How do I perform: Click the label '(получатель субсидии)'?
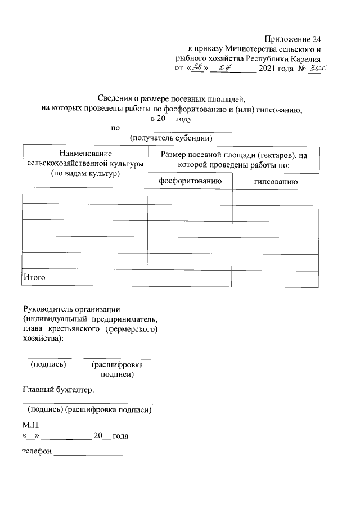[x=171, y=137]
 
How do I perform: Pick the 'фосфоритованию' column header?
[x=190, y=181]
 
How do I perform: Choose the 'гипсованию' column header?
[x=276, y=181]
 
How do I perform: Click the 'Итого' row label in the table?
[x=34, y=277]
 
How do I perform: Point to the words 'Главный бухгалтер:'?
[x=58, y=389]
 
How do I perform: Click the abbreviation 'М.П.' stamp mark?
[x=31, y=426]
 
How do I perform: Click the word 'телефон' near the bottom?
[x=37, y=451]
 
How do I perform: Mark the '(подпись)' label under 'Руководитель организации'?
[x=48, y=364]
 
